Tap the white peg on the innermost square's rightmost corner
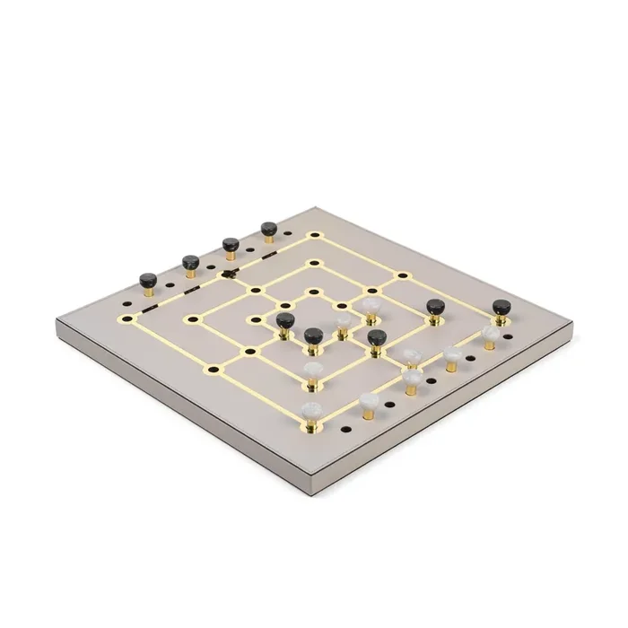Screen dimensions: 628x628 [x=370, y=305]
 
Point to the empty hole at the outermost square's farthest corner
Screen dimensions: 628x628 [x=314, y=236]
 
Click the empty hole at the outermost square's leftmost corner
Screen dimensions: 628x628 [x=126, y=318]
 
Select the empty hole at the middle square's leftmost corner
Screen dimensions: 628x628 [x=190, y=318]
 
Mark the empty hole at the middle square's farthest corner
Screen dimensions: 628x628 [x=314, y=264]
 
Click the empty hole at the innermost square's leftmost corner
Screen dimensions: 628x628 [x=254, y=318]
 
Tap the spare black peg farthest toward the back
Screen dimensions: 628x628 [x=268, y=230]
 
